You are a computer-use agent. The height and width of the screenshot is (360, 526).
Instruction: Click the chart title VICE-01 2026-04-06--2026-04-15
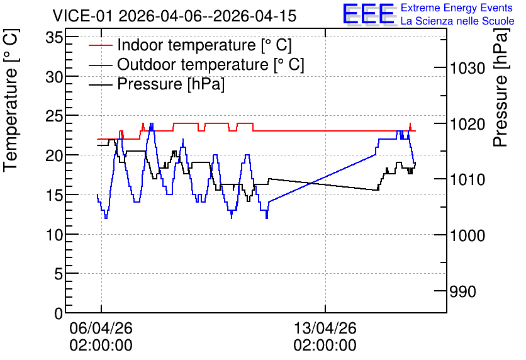pyautogui.click(x=174, y=16)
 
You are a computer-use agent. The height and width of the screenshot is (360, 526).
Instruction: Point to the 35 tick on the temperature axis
pyautogui.click(x=54, y=37)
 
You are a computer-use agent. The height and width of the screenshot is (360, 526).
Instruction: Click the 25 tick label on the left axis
pyautogui.click(x=54, y=116)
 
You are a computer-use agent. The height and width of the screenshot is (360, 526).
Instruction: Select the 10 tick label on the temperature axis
pyautogui.click(x=54, y=235)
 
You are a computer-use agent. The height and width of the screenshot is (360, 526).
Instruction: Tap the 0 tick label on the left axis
pyautogui.click(x=59, y=313)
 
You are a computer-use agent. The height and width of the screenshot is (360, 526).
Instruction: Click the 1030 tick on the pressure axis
pyautogui.click(x=467, y=69)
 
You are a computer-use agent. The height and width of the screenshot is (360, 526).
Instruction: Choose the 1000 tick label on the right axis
pyautogui.click(x=467, y=235)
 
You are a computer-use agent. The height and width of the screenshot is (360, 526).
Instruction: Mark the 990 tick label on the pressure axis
pyautogui.click(x=462, y=291)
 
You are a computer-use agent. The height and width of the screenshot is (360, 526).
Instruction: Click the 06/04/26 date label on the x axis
pyautogui.click(x=101, y=328)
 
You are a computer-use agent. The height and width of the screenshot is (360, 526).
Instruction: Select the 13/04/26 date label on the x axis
pyautogui.click(x=325, y=328)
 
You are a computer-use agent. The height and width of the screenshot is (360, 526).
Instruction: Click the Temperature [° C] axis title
pyautogui.click(x=11, y=100)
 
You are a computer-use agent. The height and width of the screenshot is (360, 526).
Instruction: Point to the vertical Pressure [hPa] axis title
pyautogui.click(x=501, y=87)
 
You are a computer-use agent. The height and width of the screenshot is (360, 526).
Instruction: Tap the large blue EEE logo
pyautogui.click(x=369, y=14)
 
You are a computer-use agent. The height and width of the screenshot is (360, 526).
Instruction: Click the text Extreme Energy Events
pyautogui.click(x=457, y=8)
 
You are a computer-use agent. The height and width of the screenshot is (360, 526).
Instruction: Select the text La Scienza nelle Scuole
pyautogui.click(x=457, y=21)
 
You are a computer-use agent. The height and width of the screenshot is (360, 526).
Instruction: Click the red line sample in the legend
pyautogui.click(x=100, y=45)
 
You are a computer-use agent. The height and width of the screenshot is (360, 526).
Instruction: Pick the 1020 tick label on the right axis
pyautogui.click(x=467, y=124)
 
